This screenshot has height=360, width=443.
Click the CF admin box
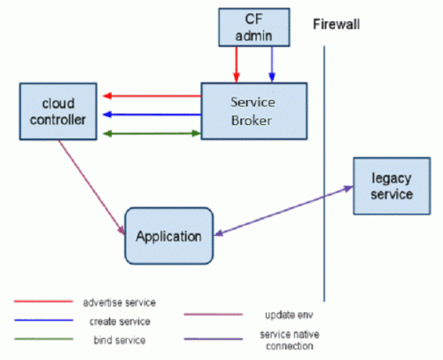[x=254, y=27]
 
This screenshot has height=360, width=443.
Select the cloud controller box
[x=58, y=112]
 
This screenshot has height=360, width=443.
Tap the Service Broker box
[x=254, y=111]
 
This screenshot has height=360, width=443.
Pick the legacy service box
[x=392, y=186]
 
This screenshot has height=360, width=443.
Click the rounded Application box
[x=169, y=236]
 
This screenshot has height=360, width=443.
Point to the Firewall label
[x=337, y=24]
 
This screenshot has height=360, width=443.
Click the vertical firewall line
[x=324, y=174]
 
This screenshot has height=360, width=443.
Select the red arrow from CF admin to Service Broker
[x=237, y=65]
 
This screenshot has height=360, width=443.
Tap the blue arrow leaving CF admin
[x=272, y=65]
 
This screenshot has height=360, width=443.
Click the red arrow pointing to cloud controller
[x=152, y=96]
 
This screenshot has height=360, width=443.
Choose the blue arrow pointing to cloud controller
[x=152, y=114]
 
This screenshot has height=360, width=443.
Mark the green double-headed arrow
[x=152, y=134]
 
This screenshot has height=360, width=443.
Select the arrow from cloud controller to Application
[x=92, y=188]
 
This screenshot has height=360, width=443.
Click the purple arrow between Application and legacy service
[x=284, y=211]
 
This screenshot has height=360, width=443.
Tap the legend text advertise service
[x=120, y=302]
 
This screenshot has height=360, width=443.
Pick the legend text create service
[x=120, y=321]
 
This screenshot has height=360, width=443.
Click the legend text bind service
[x=120, y=340]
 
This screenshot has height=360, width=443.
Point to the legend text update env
[x=289, y=315]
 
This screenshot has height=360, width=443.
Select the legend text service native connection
[x=290, y=340]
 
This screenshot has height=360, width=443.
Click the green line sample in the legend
[x=43, y=339]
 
